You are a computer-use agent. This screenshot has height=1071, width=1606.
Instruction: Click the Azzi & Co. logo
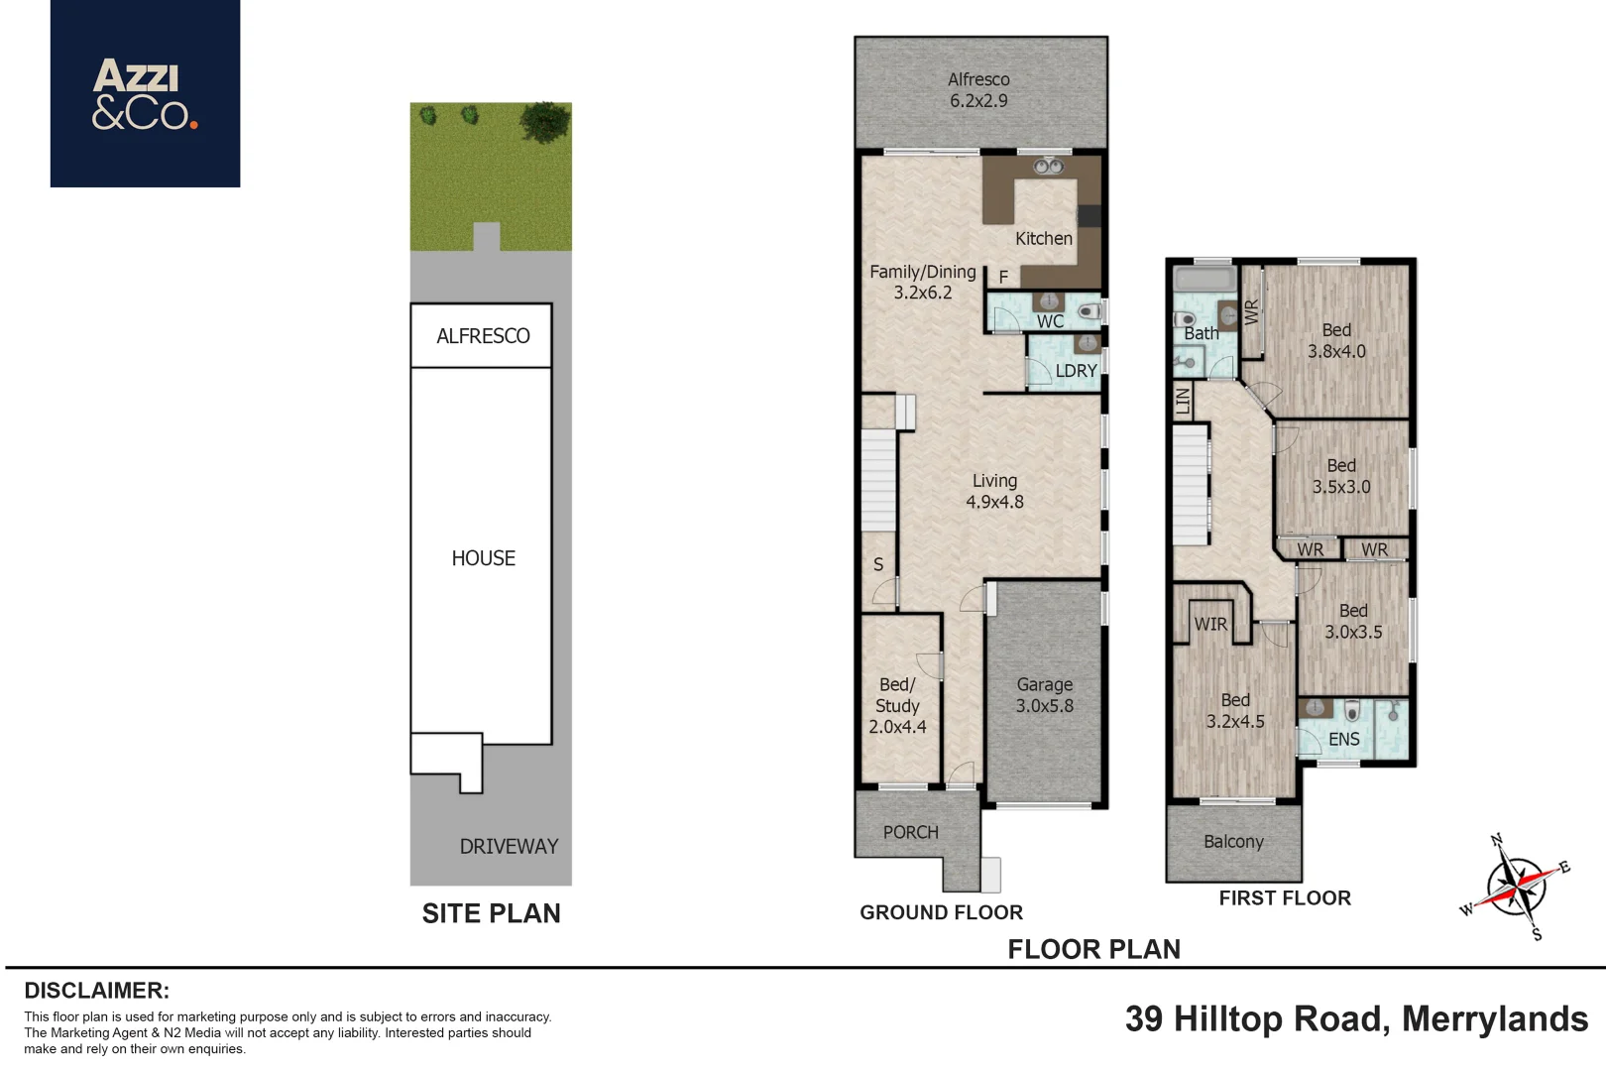coord(145,94)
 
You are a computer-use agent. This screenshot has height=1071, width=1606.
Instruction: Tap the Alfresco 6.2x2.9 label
coord(978,90)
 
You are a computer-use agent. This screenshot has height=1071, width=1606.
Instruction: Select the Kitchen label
coord(1043,238)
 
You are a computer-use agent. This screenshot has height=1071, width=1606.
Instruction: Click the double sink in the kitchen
coord(1048,167)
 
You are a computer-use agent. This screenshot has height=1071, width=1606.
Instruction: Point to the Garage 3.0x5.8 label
coord(1045,695)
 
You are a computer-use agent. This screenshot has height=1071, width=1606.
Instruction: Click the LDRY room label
coord(1077,370)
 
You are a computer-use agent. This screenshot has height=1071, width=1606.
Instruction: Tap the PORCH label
coord(910,832)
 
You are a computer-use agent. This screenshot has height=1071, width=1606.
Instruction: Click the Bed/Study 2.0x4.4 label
coord(897,706)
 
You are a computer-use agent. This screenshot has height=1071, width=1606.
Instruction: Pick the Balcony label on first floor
coord(1233,842)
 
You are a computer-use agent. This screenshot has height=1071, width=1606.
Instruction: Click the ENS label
coord(1343,739)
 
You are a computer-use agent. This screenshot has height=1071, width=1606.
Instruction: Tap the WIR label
coord(1210,624)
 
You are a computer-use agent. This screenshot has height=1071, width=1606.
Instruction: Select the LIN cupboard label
coord(1183,400)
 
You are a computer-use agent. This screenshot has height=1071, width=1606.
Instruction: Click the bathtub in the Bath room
coord(1204,279)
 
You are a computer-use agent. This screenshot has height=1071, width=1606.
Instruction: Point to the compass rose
coord(1516,888)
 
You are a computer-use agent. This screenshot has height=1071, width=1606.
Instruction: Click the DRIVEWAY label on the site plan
coord(509,847)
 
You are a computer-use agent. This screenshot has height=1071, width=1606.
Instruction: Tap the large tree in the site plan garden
coord(545,122)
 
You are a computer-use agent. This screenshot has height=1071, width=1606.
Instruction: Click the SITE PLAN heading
coord(491,913)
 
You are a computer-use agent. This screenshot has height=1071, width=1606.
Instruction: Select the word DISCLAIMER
coord(97,991)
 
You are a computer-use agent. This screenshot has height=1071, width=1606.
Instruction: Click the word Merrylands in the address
coord(1495,1019)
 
